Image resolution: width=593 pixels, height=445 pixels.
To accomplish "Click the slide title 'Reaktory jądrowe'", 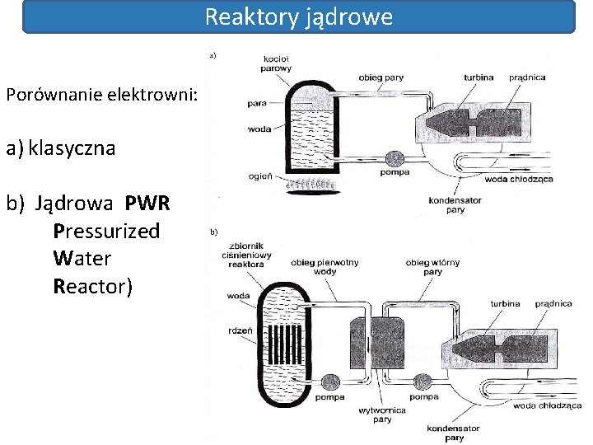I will [x=298, y=16].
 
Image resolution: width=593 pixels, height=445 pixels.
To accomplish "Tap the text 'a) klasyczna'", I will [x=60, y=149].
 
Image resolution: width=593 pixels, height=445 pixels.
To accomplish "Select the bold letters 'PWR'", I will [x=148, y=204].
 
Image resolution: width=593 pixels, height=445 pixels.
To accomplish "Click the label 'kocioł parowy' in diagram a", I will [x=275, y=63].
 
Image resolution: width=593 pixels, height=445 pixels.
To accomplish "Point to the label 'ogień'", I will [x=257, y=176].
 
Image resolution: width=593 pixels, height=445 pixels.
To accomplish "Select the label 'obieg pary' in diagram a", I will [x=381, y=77].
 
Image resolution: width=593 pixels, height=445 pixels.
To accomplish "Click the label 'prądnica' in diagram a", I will [x=527, y=77].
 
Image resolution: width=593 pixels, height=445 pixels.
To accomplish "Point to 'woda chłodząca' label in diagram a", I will [x=519, y=179].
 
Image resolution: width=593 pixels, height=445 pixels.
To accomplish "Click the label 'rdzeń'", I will [x=241, y=330].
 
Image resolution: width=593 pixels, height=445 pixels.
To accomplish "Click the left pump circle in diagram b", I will [x=332, y=382].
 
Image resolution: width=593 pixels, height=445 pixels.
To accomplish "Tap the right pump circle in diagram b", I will [x=423, y=382].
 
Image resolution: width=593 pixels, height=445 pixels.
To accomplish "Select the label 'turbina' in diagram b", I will [x=504, y=303].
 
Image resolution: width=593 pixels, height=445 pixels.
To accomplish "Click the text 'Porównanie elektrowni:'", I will [x=101, y=95].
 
